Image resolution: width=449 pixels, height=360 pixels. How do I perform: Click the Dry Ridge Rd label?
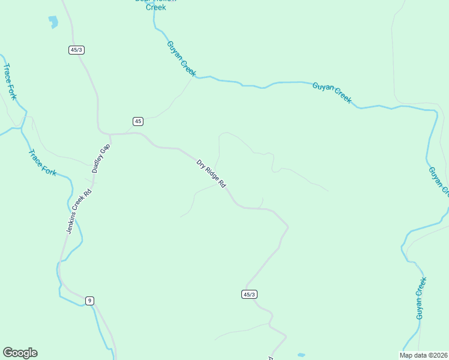[211, 174]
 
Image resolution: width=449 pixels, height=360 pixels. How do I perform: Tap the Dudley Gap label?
[101, 158]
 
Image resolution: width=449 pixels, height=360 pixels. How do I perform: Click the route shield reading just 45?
[138, 121]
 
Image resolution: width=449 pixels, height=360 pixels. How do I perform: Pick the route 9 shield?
[89, 301]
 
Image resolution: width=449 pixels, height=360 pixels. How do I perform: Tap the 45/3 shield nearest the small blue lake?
[76, 50]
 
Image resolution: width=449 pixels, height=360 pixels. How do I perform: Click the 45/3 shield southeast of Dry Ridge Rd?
[250, 294]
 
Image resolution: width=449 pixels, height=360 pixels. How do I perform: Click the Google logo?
[20, 353]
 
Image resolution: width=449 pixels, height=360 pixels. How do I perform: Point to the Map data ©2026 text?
[424, 355]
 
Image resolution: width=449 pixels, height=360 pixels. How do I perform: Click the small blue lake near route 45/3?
[53, 22]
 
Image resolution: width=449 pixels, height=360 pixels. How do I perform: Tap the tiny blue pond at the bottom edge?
[301, 355]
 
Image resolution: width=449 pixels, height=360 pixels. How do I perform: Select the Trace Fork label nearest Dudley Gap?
[42, 162]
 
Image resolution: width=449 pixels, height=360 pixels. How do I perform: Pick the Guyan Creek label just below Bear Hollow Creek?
[181, 58]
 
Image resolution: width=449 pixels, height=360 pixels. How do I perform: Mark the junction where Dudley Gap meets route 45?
[109, 134]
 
